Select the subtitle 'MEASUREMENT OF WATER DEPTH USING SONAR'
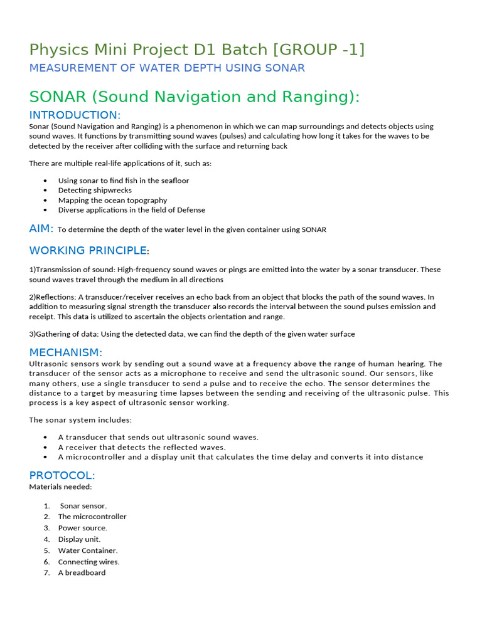coord(167,68)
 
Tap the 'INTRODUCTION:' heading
coord(75,115)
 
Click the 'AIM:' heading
coord(41,229)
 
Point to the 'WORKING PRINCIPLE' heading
coord(88,251)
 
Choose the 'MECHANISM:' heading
coord(66,352)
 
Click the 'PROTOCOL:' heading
coord(62,475)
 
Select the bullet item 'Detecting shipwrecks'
coord(95,190)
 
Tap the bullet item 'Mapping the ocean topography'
coord(112,200)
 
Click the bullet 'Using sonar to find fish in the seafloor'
coord(123,181)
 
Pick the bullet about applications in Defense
coord(131,210)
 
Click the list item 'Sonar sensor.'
coord(83,505)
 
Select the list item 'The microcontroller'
coord(92,517)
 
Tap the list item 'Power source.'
coord(83,528)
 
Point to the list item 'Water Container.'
coord(88,550)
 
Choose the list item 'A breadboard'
coord(82,572)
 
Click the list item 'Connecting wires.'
coord(88,562)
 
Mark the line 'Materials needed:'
coord(60,487)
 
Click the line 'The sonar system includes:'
coord(80,419)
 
